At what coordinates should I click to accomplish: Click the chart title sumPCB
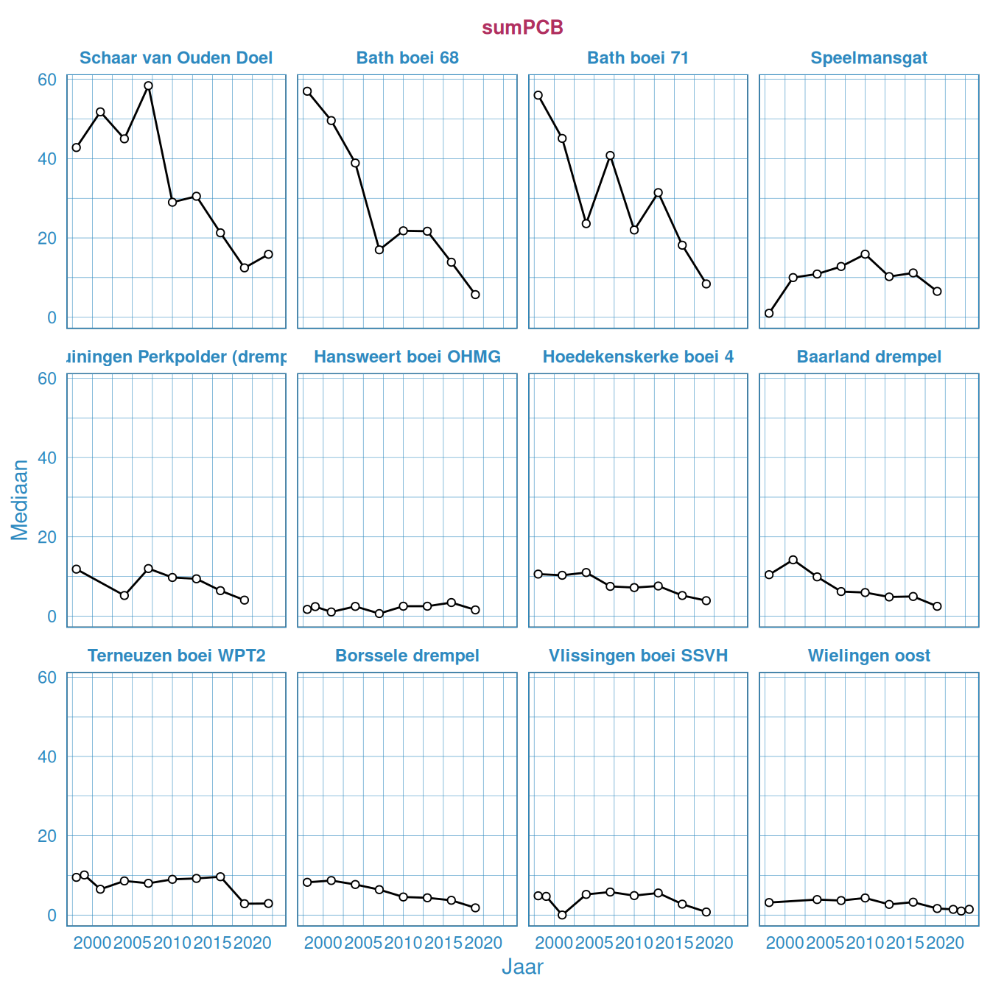tap(522, 27)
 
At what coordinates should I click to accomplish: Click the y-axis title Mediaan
tap(20, 499)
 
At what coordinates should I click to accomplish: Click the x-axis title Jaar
tap(522, 966)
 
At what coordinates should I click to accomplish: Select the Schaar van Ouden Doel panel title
tap(176, 58)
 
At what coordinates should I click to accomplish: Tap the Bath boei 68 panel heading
tap(407, 58)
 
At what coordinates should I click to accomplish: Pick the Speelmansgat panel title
tap(869, 58)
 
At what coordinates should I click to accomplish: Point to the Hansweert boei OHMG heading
tap(407, 357)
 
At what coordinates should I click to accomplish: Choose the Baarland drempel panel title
tap(869, 357)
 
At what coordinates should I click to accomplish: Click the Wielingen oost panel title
tap(869, 656)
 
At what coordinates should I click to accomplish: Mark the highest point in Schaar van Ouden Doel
tap(148, 85)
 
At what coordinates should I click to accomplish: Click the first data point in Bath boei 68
tap(307, 91)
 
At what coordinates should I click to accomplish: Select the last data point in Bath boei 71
tap(706, 284)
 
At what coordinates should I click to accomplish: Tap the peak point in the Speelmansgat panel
tap(865, 254)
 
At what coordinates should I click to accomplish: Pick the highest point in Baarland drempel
tap(793, 560)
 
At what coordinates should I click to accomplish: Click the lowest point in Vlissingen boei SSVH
tap(562, 915)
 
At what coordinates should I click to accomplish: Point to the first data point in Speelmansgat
tap(769, 313)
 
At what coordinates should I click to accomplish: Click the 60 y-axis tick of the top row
tap(47, 80)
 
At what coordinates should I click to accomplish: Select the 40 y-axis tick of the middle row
tap(47, 457)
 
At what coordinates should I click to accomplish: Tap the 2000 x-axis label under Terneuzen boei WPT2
tap(93, 943)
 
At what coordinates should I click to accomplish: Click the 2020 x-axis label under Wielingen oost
tap(945, 943)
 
